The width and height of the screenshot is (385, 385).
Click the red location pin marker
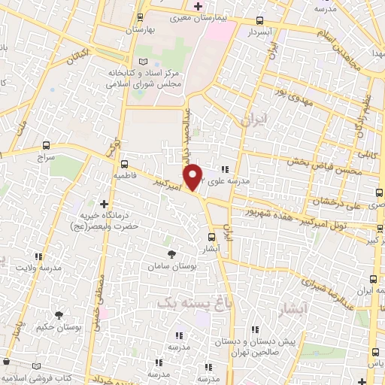(x=193, y=176)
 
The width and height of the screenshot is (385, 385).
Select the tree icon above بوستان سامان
(x=172, y=254)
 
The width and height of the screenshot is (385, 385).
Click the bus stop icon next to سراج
(x=47, y=145)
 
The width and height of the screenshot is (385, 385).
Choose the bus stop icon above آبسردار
(x=260, y=22)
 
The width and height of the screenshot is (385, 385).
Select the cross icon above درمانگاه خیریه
(x=105, y=203)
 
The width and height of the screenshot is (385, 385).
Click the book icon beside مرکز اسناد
(x=144, y=61)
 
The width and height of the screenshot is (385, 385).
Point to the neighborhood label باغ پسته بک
(x=182, y=302)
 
